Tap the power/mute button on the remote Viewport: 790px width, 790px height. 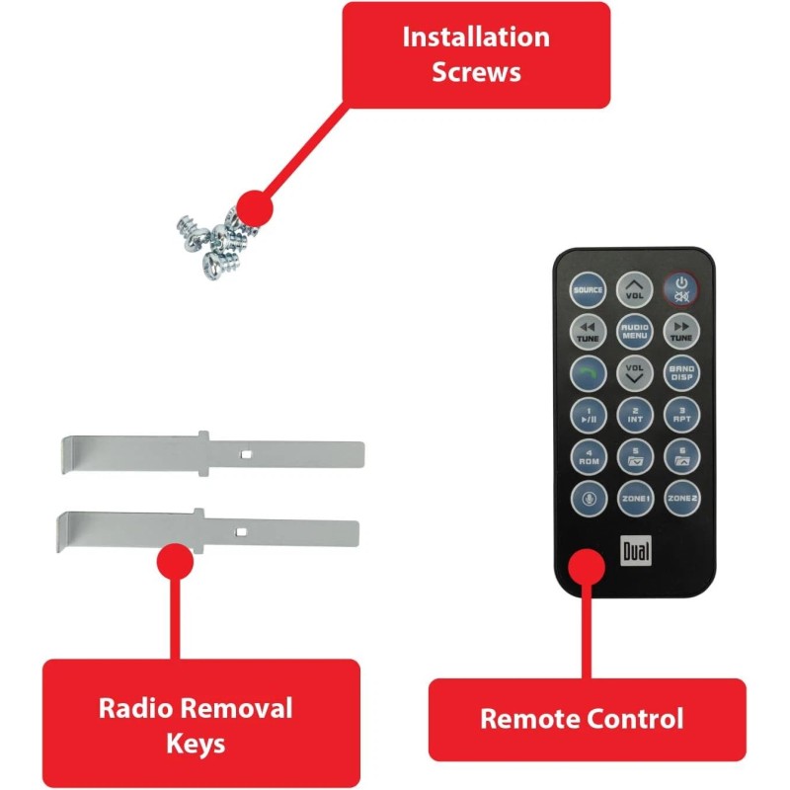(x=680, y=289)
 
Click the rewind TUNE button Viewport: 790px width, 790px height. (x=588, y=331)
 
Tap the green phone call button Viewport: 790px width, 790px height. (x=588, y=372)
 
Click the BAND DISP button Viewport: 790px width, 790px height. (x=680, y=372)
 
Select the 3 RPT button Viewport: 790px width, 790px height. (x=680, y=414)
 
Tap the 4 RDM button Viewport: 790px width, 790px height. (x=588, y=455)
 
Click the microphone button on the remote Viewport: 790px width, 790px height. (x=588, y=498)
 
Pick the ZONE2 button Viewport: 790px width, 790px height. (x=680, y=498)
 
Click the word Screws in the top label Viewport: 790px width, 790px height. (x=476, y=72)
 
